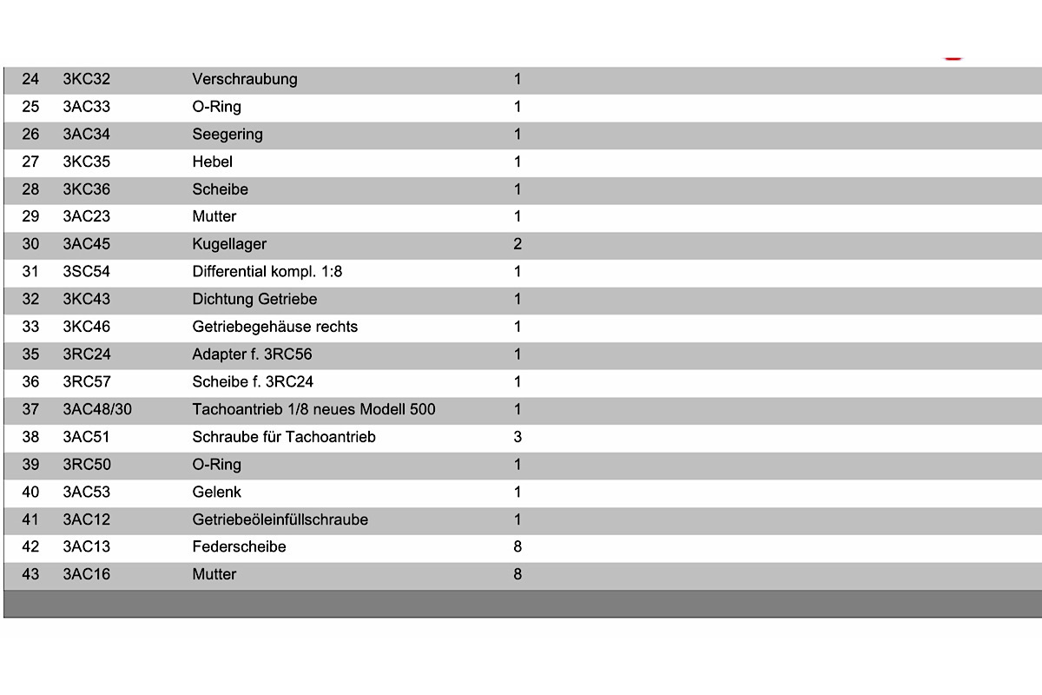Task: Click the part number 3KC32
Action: click(x=86, y=79)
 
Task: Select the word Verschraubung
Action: click(x=244, y=79)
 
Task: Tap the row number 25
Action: click(x=30, y=107)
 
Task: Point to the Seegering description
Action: click(x=227, y=135)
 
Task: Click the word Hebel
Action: click(x=212, y=162)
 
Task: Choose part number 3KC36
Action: click(x=86, y=189)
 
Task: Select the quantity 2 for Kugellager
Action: click(x=518, y=244)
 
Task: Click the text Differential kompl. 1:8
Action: click(x=267, y=272)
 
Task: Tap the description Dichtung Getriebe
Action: click(x=254, y=300)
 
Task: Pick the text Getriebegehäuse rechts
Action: click(x=274, y=328)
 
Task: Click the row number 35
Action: click(x=30, y=354)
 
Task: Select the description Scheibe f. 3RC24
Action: click(x=253, y=381)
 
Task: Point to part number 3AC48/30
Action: click(x=97, y=409)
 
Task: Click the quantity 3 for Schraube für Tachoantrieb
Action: click(x=518, y=437)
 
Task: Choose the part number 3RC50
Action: click(x=86, y=465)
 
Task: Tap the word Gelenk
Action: click(x=216, y=493)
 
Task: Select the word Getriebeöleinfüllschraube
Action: click(x=280, y=520)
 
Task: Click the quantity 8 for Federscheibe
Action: click(x=518, y=547)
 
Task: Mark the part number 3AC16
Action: click(x=86, y=574)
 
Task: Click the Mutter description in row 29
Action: click(x=214, y=216)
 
